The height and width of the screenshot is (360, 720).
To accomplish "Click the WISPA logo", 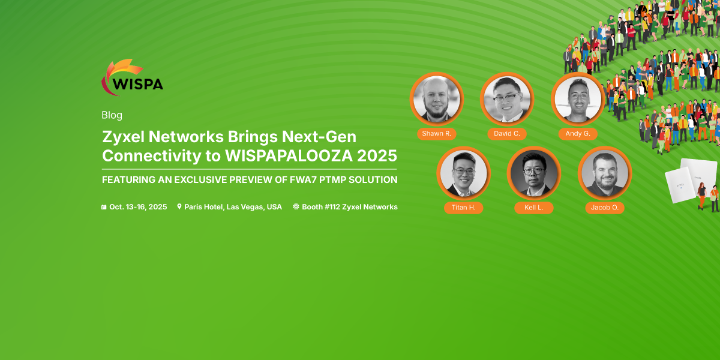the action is [x=132, y=77].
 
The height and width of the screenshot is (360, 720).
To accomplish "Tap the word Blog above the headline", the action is [x=112, y=115].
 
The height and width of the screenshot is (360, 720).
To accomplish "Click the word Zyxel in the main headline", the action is [x=123, y=137].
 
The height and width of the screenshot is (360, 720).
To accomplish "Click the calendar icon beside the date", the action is [x=104, y=207].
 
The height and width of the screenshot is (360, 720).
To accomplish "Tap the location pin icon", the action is [x=179, y=206].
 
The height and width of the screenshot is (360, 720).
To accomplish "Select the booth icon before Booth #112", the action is [x=296, y=206].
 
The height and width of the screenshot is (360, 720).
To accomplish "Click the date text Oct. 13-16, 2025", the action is [x=138, y=206].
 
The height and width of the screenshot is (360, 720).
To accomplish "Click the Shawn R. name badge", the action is [x=437, y=134].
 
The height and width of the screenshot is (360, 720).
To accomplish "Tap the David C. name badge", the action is [x=507, y=134].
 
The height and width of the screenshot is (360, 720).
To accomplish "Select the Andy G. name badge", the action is [x=578, y=134].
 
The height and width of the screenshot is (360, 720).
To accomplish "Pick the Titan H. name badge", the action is [x=463, y=208].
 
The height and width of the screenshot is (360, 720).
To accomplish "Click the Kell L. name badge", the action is [x=534, y=208].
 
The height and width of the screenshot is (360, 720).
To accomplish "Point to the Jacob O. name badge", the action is [x=605, y=208].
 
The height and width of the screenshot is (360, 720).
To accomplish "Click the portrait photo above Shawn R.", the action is [x=437, y=99].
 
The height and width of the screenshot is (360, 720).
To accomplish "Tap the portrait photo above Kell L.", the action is [x=534, y=173].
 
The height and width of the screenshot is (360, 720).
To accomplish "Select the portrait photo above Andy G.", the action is [x=578, y=99].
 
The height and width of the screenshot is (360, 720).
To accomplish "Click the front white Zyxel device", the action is [x=681, y=185].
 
